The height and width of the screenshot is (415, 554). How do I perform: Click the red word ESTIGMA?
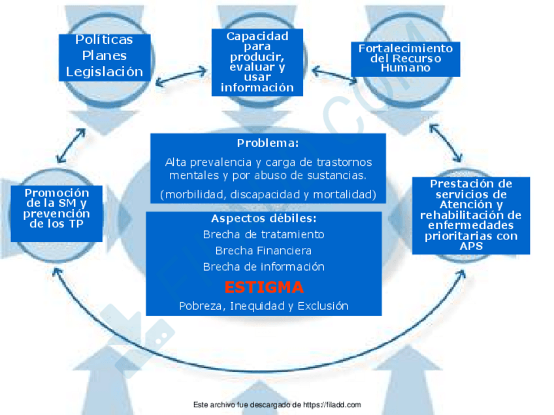tap(264, 287)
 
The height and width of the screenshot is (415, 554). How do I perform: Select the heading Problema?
tap(268, 143)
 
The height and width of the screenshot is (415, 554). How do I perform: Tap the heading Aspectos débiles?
tap(264, 218)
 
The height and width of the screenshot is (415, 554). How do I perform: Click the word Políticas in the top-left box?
tap(105, 40)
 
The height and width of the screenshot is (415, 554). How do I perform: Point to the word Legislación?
tap(105, 72)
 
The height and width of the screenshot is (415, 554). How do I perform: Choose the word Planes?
tap(105, 55)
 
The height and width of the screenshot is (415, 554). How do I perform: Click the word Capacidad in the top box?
tap(257, 37)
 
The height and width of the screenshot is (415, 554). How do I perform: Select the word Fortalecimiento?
tap(405, 48)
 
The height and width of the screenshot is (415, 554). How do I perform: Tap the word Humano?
tap(405, 68)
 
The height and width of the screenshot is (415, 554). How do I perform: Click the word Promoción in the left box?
tap(57, 192)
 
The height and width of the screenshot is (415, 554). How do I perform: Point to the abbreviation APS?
tap(470, 246)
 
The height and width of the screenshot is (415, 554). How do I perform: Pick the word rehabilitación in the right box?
tap(470, 215)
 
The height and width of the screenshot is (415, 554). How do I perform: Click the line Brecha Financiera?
tap(263, 251)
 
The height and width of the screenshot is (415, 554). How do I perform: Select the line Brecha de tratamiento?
tap(263, 234)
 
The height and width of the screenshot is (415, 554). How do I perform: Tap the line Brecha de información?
tap(263, 267)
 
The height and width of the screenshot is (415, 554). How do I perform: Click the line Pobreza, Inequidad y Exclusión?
tap(263, 305)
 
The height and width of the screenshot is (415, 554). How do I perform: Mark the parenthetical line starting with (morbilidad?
tap(268, 194)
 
